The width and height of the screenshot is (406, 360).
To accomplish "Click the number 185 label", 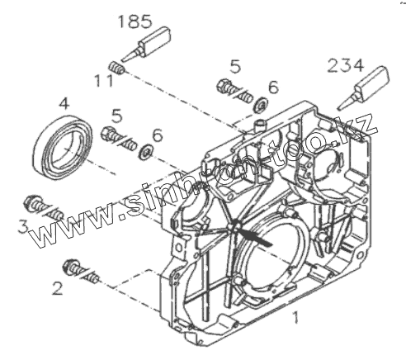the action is [x=135, y=22].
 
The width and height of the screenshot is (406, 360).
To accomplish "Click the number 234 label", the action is [x=346, y=66].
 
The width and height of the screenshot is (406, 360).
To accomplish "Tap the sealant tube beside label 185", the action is [x=147, y=44].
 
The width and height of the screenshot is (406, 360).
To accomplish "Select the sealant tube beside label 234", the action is [x=364, y=88].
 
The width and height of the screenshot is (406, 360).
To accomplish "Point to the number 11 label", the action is [x=104, y=81].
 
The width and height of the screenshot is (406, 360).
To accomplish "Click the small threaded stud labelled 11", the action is [x=117, y=68].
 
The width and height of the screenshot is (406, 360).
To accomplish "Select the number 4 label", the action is [x=64, y=104].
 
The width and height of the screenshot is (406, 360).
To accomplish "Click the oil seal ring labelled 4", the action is [x=63, y=147].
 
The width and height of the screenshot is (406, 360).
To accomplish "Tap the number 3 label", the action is [x=23, y=227].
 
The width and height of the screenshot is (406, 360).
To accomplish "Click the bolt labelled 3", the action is [x=44, y=208].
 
